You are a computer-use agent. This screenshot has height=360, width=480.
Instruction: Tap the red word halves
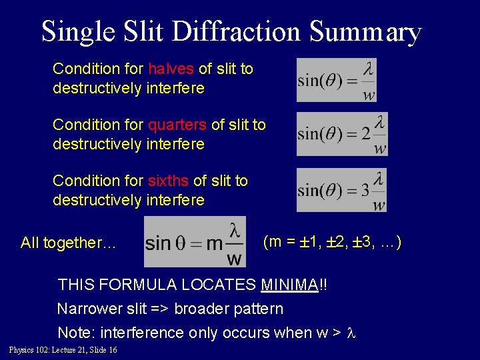point(171,69)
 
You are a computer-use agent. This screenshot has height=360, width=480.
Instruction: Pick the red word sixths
point(169,181)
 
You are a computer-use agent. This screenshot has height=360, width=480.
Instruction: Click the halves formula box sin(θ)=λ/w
point(337,80)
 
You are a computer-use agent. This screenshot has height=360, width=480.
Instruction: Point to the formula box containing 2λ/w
point(341,134)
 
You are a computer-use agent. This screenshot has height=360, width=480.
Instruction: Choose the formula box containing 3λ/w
point(341,190)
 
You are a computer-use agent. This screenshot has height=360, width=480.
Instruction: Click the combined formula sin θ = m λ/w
point(195,241)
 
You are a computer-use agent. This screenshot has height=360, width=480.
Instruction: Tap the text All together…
point(69,243)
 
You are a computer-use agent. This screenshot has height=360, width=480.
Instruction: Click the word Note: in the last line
point(77,332)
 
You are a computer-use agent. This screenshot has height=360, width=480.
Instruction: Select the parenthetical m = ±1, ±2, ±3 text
point(332,242)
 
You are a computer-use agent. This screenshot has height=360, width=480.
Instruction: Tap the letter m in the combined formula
point(215,243)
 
